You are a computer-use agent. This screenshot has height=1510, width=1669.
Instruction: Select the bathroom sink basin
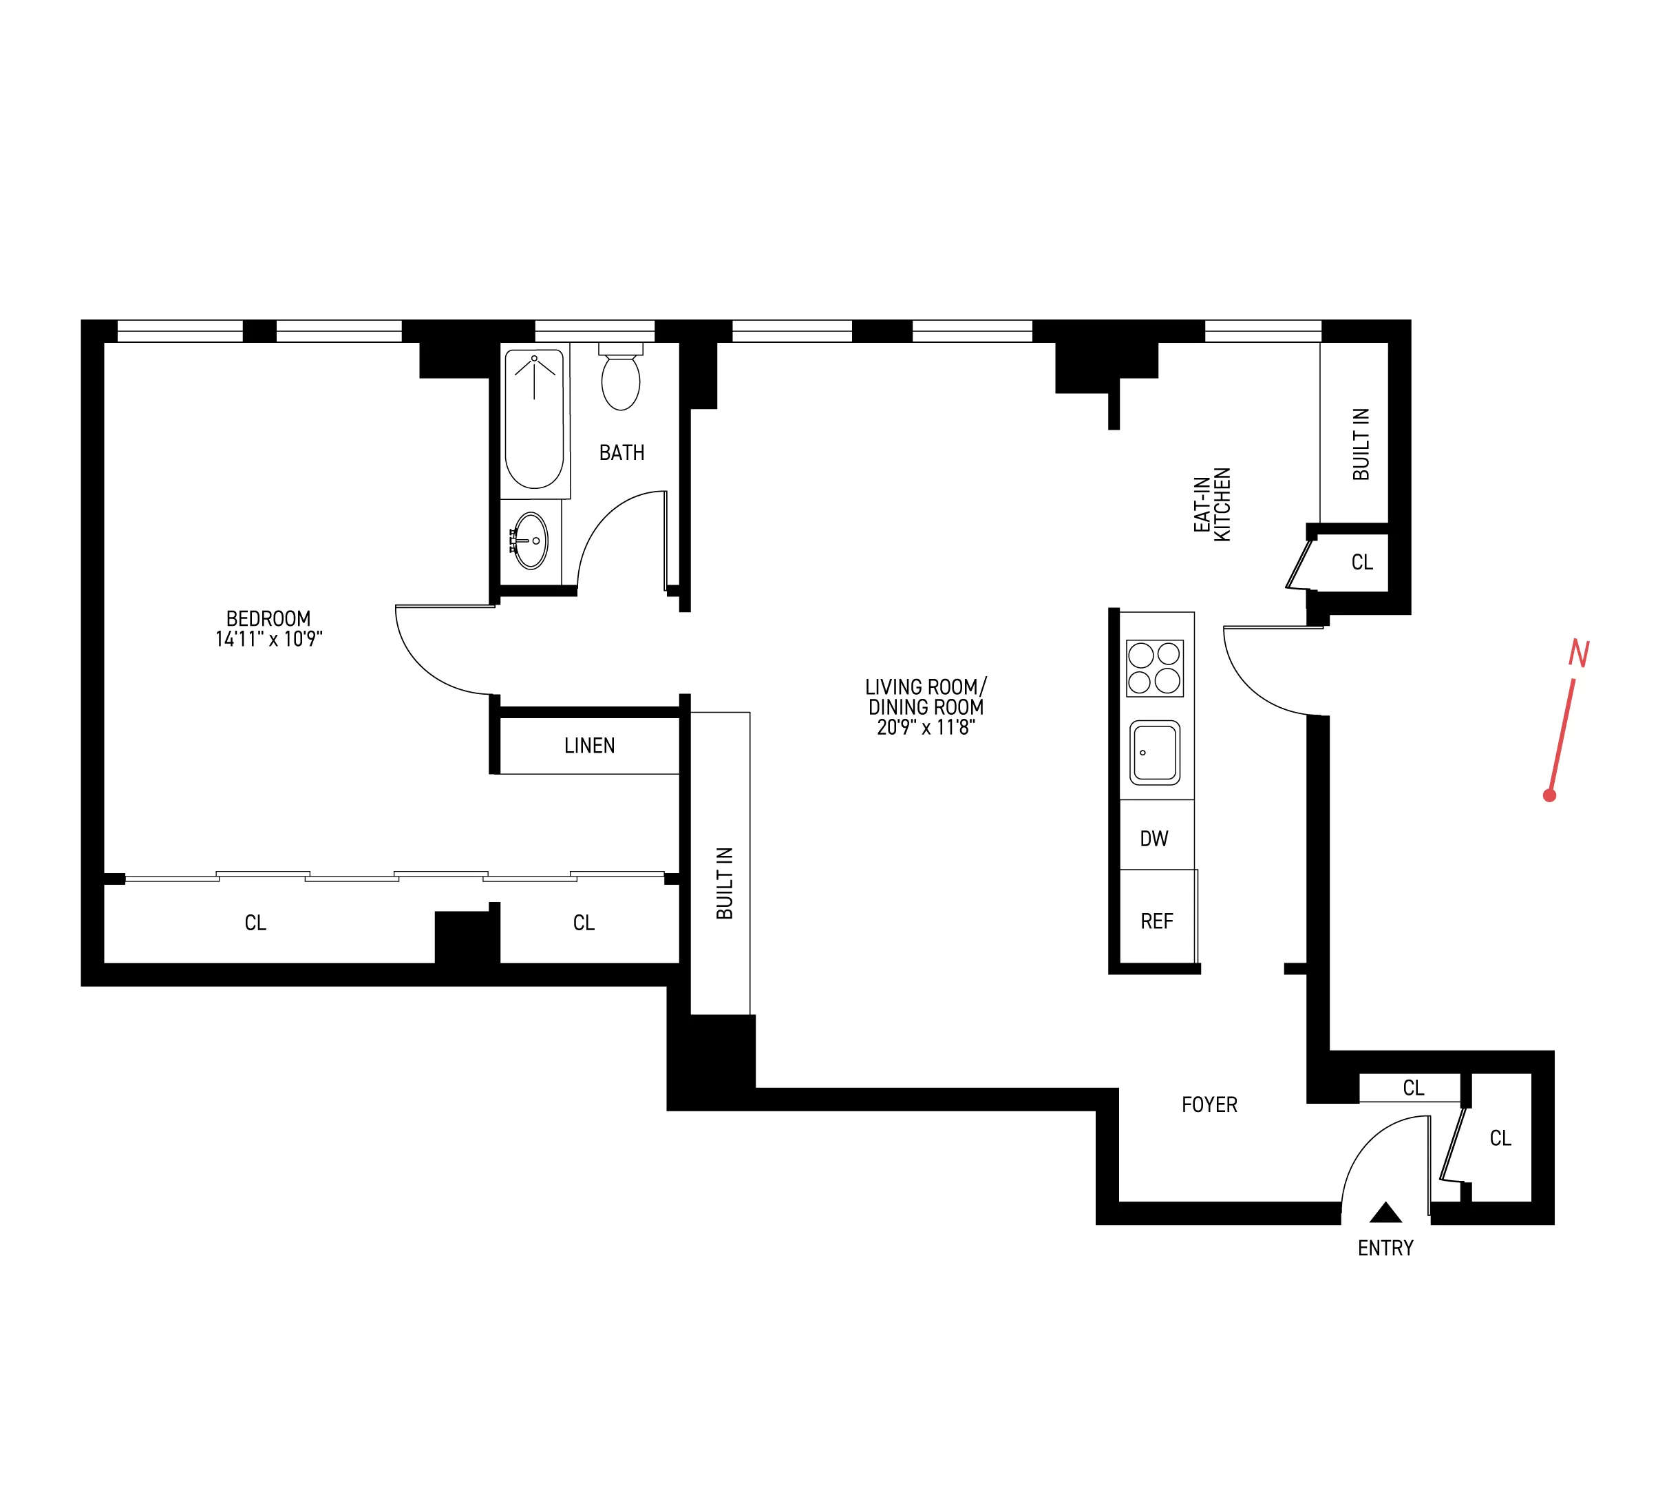click(x=531, y=541)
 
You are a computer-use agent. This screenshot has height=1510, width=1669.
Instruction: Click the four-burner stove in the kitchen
click(x=1155, y=668)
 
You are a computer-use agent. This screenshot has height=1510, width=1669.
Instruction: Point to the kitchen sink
click(x=1155, y=752)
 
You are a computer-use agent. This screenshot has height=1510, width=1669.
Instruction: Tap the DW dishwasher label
click(x=1154, y=839)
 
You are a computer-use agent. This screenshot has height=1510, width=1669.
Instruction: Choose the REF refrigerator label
click(x=1156, y=921)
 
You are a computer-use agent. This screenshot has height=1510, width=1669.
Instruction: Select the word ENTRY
click(x=1385, y=1248)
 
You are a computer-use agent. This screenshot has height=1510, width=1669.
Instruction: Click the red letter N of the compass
click(x=1579, y=654)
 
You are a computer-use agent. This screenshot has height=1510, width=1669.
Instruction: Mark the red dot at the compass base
click(x=1550, y=796)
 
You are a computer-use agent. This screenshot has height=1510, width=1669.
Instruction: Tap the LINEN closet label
click(x=589, y=746)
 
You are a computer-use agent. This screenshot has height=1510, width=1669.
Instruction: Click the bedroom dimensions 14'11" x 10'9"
click(x=268, y=638)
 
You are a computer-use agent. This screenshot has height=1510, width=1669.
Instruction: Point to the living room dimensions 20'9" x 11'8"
click(x=926, y=727)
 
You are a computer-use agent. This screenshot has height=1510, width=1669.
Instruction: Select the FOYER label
click(x=1209, y=1104)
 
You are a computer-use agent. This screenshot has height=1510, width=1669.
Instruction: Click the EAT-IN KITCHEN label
click(x=1211, y=505)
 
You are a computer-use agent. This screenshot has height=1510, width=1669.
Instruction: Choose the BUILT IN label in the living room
click(x=725, y=883)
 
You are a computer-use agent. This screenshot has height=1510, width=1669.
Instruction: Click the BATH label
click(x=621, y=452)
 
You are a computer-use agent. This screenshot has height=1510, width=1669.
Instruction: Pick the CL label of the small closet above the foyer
click(x=1413, y=1087)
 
